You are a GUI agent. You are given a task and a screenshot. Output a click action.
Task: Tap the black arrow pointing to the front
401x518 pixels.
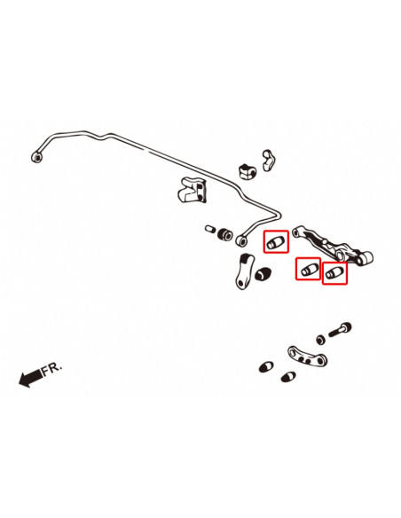pyautogui.click(x=30, y=379)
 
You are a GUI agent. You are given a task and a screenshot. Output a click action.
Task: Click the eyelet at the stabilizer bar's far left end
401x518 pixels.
pyautogui.click(x=36, y=157)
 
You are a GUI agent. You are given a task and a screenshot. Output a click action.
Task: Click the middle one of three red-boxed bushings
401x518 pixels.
pyautogui.click(x=308, y=268)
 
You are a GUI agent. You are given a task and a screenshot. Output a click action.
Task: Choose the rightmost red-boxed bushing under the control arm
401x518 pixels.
pyautogui.click(x=334, y=273)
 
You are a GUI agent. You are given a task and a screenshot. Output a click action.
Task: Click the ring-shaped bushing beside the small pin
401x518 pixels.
pyautogui.click(x=225, y=233)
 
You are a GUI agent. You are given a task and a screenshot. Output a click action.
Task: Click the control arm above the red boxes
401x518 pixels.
pyautogui.click(x=337, y=246)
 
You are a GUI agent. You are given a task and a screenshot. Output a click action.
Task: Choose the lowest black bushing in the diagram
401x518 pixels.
pyautogui.click(x=286, y=377)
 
